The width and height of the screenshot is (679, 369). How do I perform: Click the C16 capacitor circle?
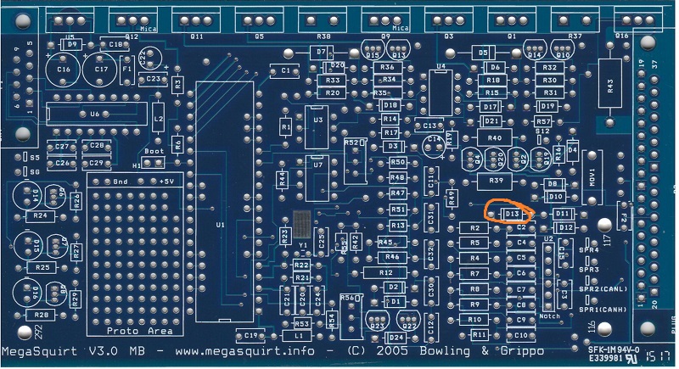pos(63,69)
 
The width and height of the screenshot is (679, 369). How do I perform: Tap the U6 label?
pos(94,114)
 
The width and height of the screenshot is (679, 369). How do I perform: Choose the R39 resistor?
pos(497,181)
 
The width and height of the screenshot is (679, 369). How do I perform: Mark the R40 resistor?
pos(495,137)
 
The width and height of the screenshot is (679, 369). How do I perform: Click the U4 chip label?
pos(441,65)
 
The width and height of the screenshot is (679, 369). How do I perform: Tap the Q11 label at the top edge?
pos(197,37)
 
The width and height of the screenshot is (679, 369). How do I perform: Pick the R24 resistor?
pos(39,216)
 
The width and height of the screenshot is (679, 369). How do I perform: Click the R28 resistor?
pos(39,314)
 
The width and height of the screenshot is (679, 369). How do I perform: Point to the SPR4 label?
pos(589,251)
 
